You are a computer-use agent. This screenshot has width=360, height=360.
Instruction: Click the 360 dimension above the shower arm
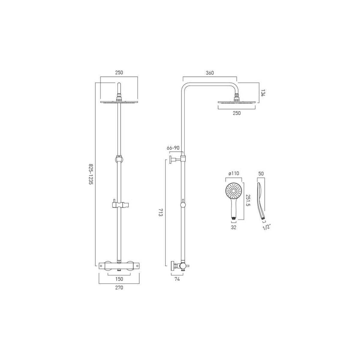210,73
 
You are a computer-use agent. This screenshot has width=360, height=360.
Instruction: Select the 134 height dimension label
263,92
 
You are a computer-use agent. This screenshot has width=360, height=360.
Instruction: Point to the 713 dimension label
160,214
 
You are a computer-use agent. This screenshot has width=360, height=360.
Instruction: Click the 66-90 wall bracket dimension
173,148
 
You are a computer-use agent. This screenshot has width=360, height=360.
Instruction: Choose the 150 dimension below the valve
119,279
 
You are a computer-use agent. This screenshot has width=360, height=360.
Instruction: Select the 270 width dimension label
119,288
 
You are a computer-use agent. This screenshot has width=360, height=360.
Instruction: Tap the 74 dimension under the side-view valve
177,279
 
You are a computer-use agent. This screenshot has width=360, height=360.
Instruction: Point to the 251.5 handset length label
248,200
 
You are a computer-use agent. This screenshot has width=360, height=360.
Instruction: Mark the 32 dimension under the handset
234,227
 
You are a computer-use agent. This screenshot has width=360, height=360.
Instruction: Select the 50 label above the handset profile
261,174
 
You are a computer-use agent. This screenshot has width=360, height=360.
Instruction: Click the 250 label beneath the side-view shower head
236,113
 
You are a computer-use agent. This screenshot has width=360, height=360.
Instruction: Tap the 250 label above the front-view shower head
119,73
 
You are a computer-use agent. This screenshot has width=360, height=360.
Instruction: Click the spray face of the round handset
234,190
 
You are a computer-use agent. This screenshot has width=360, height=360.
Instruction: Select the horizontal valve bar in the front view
119,265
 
